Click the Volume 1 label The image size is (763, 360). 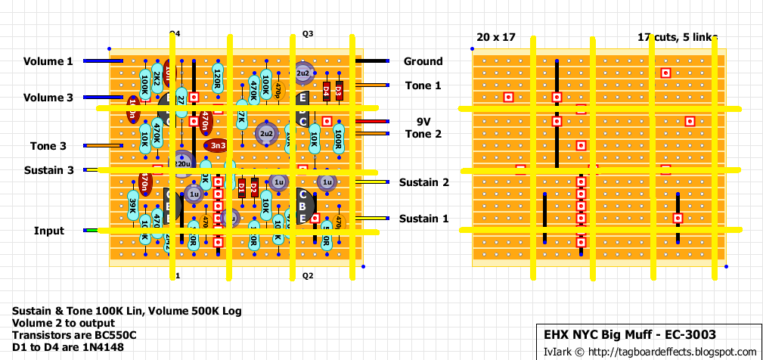(x=48, y=61)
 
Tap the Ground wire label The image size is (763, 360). (x=423, y=61)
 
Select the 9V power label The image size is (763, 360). (x=423, y=121)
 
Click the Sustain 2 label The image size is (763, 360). (x=424, y=182)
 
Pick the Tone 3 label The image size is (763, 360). (x=48, y=146)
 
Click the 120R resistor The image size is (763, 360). (x=217, y=77)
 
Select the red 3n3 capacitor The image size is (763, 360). (x=217, y=144)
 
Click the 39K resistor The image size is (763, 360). (x=132, y=204)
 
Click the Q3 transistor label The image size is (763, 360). (x=307, y=35)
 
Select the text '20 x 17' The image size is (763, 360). (x=495, y=36)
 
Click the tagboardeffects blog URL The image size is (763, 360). (x=672, y=352)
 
